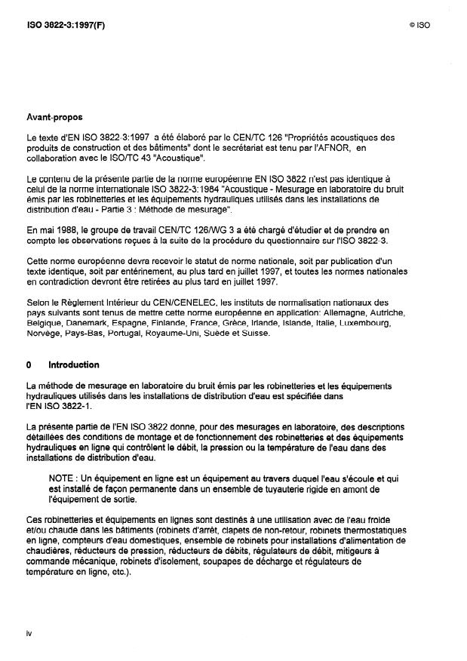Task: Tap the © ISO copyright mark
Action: click(419, 24)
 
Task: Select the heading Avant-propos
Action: click(54, 118)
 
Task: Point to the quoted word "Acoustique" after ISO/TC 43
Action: click(180, 158)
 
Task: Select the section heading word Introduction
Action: click(74, 365)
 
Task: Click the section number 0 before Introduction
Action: click(28, 365)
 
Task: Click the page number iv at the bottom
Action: click(29, 632)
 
